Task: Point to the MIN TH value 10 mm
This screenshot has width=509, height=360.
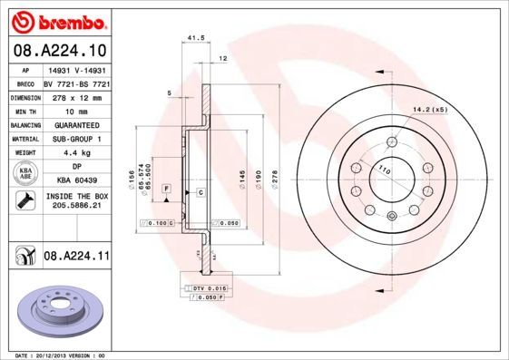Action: pyautogui.click(x=76, y=109)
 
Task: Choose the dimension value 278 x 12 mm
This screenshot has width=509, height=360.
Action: pyautogui.click(x=76, y=95)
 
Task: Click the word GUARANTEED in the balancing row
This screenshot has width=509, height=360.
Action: pyautogui.click(x=76, y=123)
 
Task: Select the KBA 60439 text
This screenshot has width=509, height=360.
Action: pyautogui.click(x=76, y=180)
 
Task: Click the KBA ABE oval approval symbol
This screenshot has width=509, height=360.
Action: pyautogui.click(x=25, y=173)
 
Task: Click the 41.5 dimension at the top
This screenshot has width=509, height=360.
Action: pyautogui.click(x=192, y=38)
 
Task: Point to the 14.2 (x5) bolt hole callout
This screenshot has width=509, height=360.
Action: pyautogui.click(x=430, y=110)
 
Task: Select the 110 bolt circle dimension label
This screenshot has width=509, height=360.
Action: pyautogui.click(x=384, y=170)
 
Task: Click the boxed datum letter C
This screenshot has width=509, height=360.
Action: pyautogui.click(x=199, y=194)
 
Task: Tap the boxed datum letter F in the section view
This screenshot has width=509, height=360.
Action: pyautogui.click(x=166, y=187)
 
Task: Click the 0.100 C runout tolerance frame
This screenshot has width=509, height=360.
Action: pyautogui.click(x=158, y=222)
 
